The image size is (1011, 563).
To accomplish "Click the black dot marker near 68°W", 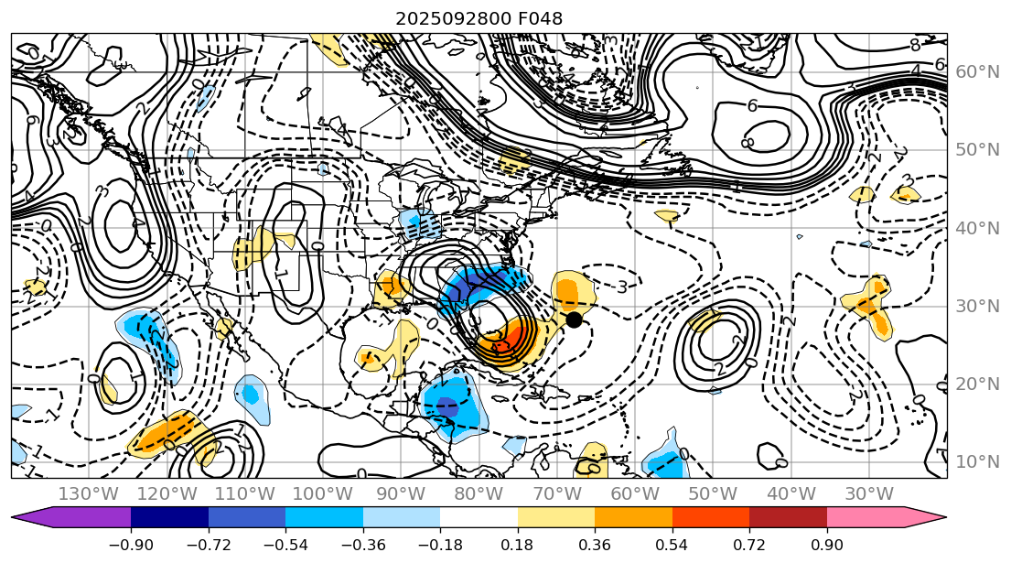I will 574,319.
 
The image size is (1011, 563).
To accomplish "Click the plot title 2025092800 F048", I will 479,18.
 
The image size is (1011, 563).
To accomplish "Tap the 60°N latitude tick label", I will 974,72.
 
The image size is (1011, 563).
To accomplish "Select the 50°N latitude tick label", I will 974,150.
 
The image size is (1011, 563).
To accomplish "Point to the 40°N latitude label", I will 974,228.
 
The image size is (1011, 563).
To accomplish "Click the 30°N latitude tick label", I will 974,306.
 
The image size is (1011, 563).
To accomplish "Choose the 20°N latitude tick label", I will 974,384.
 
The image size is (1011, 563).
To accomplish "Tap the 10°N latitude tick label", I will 974,461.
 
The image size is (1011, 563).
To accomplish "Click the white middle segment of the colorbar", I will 479,517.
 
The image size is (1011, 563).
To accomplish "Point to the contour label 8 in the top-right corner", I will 914,45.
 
